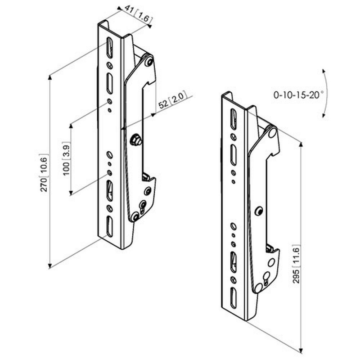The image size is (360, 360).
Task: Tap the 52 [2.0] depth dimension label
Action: [172, 100]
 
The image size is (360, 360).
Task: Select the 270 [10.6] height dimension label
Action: [44, 173]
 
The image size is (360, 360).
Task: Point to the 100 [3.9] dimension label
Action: [66, 158]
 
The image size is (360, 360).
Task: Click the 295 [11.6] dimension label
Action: [297, 264]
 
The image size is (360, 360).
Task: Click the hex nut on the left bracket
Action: [136, 139]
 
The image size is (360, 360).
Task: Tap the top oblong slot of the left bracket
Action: [109, 48]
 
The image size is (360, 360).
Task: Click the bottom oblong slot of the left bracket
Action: [109, 226]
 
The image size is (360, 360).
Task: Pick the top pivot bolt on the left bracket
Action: [150, 62]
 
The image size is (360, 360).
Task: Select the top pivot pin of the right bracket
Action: [273, 133]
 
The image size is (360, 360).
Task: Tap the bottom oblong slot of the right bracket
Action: [234, 298]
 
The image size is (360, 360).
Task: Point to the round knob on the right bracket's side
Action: [259, 211]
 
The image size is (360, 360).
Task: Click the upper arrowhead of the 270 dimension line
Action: [50, 77]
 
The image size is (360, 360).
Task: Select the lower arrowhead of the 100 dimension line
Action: [71, 193]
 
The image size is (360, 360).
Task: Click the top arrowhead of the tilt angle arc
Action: [324, 72]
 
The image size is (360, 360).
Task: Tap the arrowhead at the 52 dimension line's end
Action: [153, 115]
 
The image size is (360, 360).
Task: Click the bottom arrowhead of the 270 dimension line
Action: [50, 266]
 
